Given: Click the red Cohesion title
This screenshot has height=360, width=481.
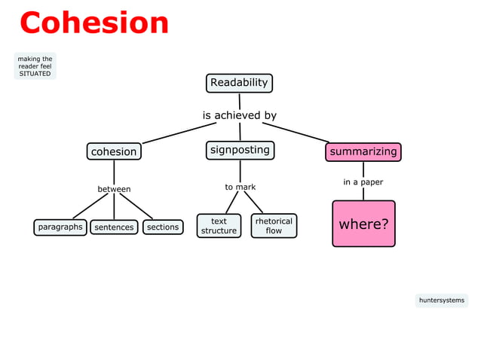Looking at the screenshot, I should click(x=94, y=23).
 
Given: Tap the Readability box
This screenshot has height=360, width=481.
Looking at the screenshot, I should click(x=239, y=83).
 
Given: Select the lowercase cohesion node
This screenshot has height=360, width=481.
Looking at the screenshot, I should click(x=114, y=152).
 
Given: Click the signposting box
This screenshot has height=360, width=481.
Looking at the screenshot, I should click(x=240, y=151).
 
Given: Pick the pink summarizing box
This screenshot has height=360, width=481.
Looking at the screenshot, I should click(x=363, y=152).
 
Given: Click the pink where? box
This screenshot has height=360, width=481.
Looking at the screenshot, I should click(x=363, y=224).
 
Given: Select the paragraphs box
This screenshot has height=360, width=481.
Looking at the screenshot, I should click(x=60, y=227).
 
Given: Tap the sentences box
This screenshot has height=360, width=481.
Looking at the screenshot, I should click(x=114, y=227).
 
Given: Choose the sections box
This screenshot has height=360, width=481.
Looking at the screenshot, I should click(x=163, y=227).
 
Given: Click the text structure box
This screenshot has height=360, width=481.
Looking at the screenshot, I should click(x=219, y=226).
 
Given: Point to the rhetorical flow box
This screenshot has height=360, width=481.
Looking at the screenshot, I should click(x=274, y=226).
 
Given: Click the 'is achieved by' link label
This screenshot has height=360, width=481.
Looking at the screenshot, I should click(x=240, y=116).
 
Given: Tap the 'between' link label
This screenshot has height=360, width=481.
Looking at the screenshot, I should click(x=114, y=188).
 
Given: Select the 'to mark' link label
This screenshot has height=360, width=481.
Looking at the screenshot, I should click(x=240, y=187).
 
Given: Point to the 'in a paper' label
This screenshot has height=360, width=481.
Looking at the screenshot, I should click(x=363, y=182).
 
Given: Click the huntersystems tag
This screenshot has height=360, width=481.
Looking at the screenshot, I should click(x=442, y=301).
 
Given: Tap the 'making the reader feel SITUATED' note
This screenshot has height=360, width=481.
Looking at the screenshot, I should click(x=35, y=66).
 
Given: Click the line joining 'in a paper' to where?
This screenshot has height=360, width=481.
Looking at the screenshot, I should click(x=363, y=194).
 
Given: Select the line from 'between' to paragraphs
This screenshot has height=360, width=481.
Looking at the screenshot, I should click(x=91, y=206).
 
